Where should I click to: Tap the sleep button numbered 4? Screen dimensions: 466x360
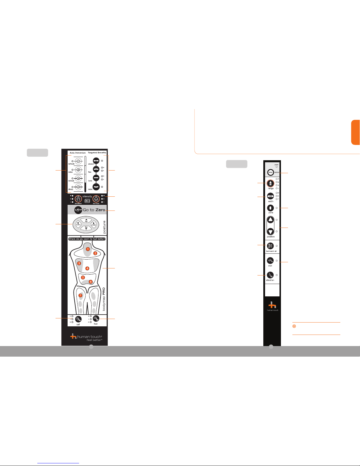tap(78, 187)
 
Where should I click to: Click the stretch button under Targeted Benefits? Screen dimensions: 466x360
tap(96, 161)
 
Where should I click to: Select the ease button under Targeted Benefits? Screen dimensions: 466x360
tap(96, 187)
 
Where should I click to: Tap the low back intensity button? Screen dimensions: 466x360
tap(96, 199)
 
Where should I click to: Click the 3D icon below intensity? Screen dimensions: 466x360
tap(87, 201)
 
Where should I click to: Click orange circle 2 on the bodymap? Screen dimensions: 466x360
tap(95, 253)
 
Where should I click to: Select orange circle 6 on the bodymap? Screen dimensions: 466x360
tap(91, 282)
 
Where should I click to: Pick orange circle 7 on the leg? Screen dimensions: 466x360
tap(80, 295)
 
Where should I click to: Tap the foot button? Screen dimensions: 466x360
tap(96, 319)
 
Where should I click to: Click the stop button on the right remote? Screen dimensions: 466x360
tap(270, 172)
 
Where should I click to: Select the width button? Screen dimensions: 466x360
tap(270, 196)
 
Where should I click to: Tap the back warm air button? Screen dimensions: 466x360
tap(270, 246)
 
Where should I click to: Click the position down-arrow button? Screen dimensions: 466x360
tap(270, 231)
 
